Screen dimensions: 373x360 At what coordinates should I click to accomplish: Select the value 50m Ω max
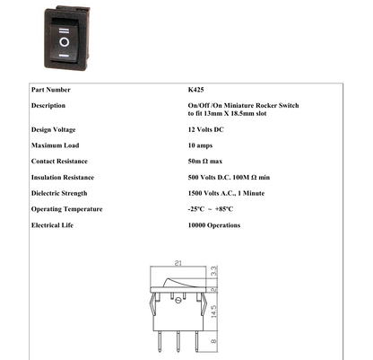(x=197, y=162)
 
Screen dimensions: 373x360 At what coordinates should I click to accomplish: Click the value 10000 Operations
(x=208, y=225)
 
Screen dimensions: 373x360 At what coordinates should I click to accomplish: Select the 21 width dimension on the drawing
(x=178, y=265)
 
